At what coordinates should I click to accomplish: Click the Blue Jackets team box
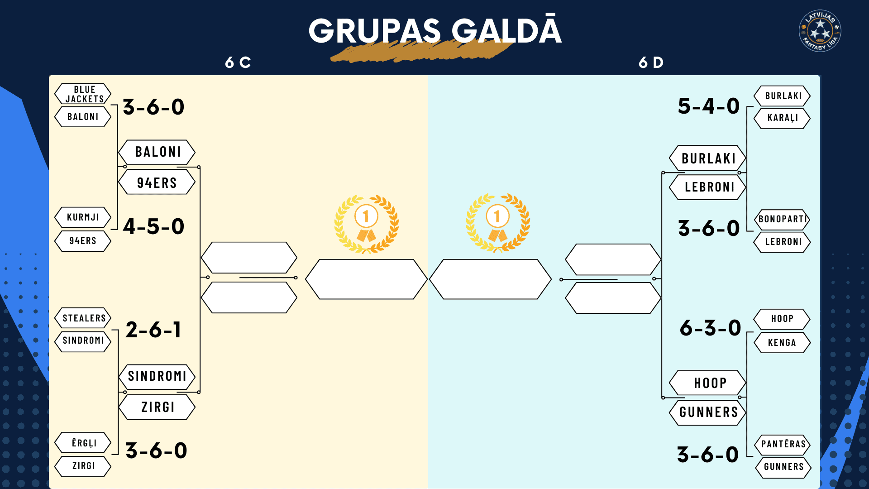click(83, 94)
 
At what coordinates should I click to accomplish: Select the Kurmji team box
click(83, 217)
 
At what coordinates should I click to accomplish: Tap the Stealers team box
click(83, 318)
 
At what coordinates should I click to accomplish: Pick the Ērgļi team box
click(83, 443)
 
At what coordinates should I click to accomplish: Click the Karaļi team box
click(782, 118)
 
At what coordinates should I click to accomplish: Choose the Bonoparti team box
click(782, 219)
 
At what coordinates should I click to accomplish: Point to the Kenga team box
click(782, 343)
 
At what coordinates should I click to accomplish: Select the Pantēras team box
click(783, 444)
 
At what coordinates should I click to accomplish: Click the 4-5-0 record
click(154, 226)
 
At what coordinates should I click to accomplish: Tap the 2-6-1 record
click(153, 330)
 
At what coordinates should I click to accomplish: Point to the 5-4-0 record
click(709, 106)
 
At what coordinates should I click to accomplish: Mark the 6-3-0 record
click(711, 328)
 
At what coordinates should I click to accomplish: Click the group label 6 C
click(238, 62)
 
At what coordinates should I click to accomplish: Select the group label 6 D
click(651, 62)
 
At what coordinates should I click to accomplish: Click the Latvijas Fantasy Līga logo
click(820, 31)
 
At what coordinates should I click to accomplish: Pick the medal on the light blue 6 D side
click(497, 223)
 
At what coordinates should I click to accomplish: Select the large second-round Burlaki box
click(708, 158)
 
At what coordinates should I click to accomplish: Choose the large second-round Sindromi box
click(157, 376)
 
